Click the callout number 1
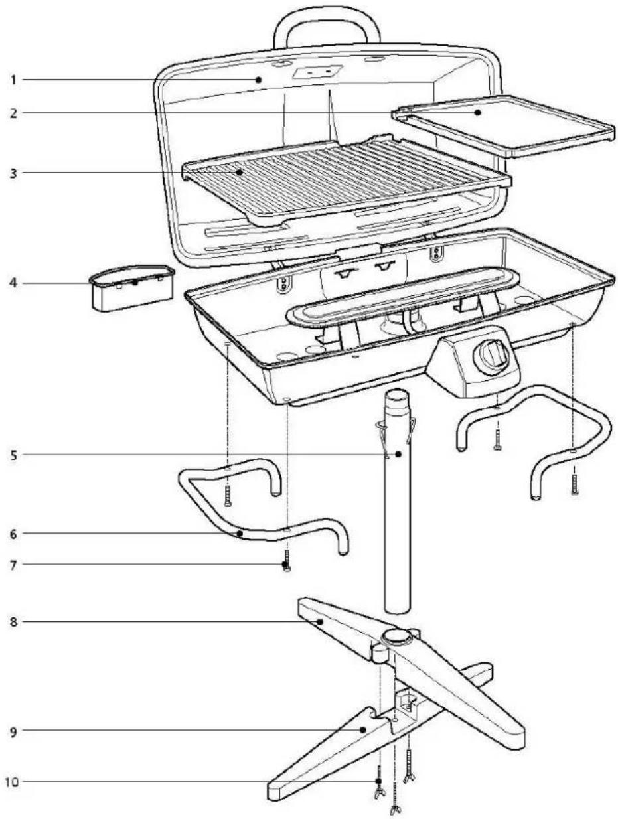pos(13,80)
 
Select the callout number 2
pos(13,113)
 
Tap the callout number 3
pos(13,173)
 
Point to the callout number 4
pos(13,283)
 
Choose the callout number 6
pos(13,533)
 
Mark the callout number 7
pos(13,565)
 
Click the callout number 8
pos(13,622)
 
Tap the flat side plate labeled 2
pos(504,125)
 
